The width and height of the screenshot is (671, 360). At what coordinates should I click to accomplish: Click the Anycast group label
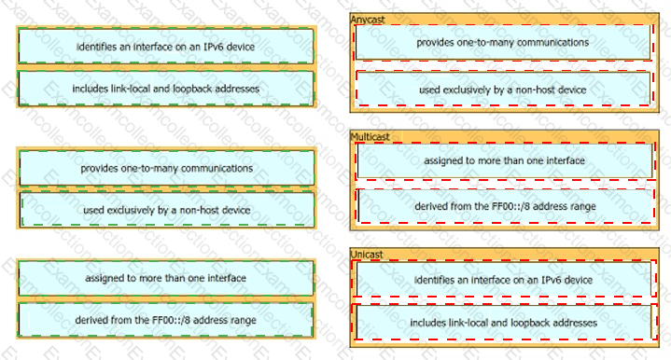tap(368, 20)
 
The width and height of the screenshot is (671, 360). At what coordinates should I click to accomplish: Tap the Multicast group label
tap(370, 137)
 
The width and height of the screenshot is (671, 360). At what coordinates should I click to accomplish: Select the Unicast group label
tap(367, 255)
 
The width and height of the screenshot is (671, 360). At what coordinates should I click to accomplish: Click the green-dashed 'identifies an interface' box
tap(165, 47)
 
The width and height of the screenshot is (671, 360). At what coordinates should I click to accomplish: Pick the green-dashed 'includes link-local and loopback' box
tap(165, 89)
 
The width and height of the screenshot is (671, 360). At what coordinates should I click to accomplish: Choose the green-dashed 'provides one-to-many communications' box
tap(166, 168)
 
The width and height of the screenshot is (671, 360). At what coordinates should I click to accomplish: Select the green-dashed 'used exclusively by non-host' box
tap(166, 210)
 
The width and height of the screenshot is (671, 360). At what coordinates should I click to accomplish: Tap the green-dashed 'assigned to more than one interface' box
tap(165, 278)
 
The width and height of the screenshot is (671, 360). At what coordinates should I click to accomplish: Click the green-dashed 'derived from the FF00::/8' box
tap(165, 320)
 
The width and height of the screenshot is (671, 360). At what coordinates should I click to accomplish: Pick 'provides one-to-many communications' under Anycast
tap(503, 42)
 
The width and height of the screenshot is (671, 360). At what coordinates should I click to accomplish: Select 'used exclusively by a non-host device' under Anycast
tap(503, 90)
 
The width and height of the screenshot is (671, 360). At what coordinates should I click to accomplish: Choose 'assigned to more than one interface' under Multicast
tap(505, 160)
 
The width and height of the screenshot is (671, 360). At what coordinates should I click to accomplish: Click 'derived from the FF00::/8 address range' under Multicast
tap(505, 206)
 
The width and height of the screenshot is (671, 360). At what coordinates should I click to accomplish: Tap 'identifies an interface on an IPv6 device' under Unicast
tap(504, 280)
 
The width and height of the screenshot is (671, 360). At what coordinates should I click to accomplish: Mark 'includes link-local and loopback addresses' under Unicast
tap(504, 323)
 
